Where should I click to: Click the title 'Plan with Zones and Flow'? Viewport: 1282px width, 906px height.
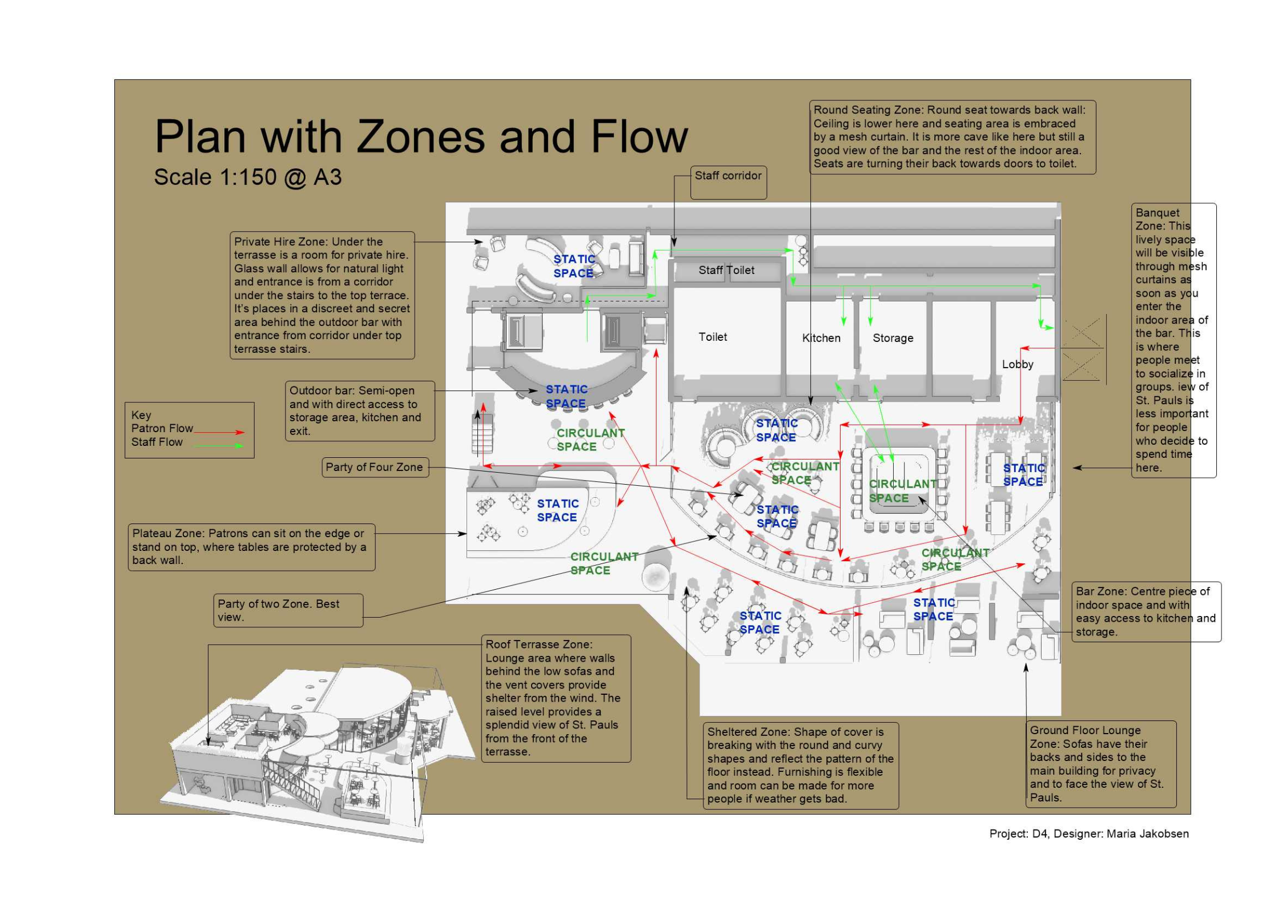[x=421, y=137]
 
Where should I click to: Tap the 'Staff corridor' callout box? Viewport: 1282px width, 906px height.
[x=728, y=182]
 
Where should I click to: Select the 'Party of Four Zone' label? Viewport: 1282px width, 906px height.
[x=374, y=467]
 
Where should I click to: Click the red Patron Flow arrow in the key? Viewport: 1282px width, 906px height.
[x=219, y=432]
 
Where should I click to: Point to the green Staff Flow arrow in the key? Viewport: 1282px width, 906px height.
[x=219, y=445]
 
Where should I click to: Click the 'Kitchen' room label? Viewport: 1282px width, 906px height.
[x=821, y=338]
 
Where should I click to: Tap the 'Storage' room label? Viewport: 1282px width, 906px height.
[x=892, y=338]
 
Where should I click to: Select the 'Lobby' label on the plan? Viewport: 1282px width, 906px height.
[x=1017, y=364]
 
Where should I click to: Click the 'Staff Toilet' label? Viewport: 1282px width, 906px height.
[x=726, y=270]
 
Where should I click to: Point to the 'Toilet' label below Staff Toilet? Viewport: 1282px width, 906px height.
[x=712, y=337]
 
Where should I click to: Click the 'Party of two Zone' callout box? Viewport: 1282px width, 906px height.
[x=288, y=610]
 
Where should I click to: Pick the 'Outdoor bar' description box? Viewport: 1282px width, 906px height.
[x=359, y=410]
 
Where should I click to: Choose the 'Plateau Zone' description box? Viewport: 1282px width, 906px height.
[x=251, y=547]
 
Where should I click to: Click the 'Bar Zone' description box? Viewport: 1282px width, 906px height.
[x=1145, y=611]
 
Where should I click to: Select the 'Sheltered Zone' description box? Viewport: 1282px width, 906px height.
[x=800, y=765]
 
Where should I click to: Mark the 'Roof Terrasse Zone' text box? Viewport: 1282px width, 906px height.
[x=555, y=698]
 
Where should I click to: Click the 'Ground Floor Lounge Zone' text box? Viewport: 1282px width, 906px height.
[x=1100, y=763]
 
